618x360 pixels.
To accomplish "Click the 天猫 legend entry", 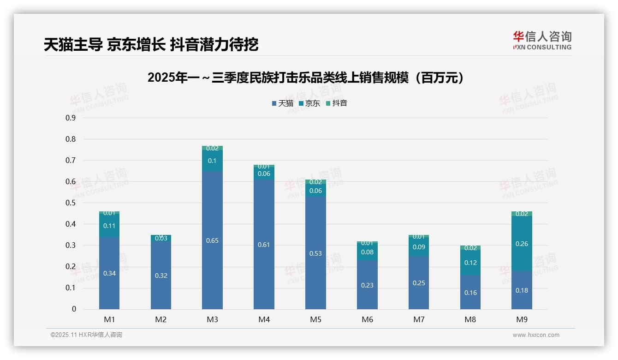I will click(x=283, y=103).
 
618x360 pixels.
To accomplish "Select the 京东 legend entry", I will click(x=309, y=103).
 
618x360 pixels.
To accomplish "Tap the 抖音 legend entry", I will click(x=337, y=103).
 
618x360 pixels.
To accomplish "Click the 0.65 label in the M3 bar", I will click(x=213, y=240).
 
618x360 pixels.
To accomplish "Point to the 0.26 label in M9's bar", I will click(x=522, y=244).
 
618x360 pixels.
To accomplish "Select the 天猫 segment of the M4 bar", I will click(x=264, y=245).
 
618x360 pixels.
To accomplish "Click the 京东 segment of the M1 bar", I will click(x=109, y=226).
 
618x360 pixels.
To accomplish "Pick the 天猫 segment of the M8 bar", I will click(x=470, y=292).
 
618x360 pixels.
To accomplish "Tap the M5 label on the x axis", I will click(x=315, y=319).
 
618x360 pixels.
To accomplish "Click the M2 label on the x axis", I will click(x=161, y=319).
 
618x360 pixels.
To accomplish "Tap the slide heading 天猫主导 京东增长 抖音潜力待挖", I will click(x=151, y=44).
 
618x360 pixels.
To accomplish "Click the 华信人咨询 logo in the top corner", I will click(x=542, y=40).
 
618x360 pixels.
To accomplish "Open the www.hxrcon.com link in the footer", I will click(x=536, y=335).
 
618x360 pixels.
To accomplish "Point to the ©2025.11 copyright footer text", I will click(x=86, y=335).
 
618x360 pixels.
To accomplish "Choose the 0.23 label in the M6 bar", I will click(x=367, y=285).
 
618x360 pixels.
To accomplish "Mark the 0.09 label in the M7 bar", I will click(x=419, y=247).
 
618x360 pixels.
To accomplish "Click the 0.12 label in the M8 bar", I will click(x=470, y=263).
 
